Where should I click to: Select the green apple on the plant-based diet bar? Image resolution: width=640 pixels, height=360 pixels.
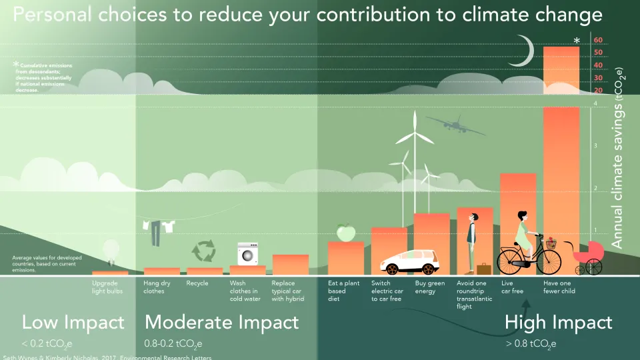click(345, 233)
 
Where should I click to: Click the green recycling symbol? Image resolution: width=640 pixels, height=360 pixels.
click(203, 251)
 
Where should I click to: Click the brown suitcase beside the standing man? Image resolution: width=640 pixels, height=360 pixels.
click(483, 269)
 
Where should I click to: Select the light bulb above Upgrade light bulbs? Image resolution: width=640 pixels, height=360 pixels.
click(110, 252)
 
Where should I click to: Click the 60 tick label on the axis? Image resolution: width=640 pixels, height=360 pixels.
click(598, 40)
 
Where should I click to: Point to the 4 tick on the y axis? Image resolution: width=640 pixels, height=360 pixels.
click(595, 104)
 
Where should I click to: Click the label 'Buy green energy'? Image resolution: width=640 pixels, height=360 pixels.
click(430, 287)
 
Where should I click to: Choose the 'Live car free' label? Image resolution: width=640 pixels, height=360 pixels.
click(512, 287)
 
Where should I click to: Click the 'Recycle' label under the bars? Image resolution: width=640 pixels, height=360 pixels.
click(197, 283)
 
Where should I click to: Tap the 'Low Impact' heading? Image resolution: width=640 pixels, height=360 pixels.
click(73, 323)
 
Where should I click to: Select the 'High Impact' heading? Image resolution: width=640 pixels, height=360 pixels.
click(558, 323)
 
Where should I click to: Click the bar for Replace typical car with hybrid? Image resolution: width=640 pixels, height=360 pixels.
click(290, 265)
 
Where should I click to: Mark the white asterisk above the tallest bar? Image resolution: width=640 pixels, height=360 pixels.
click(577, 41)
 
